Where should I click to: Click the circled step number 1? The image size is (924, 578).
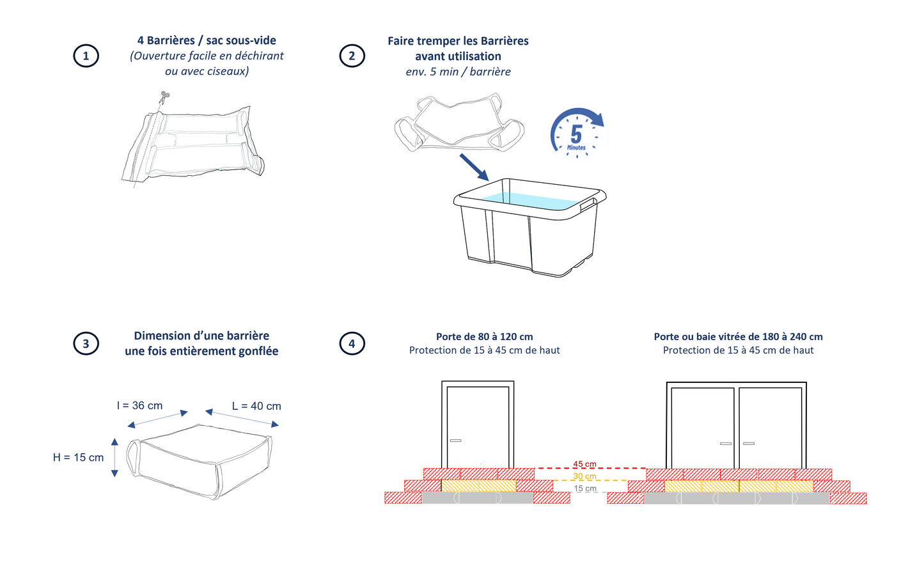[x=86, y=56]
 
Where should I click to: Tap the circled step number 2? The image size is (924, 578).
[x=352, y=56]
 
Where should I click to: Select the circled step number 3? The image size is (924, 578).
[x=86, y=343]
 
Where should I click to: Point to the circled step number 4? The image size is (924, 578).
[x=352, y=343]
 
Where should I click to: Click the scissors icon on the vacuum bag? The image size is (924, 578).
[x=164, y=97]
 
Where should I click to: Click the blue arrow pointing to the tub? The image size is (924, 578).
[x=474, y=167]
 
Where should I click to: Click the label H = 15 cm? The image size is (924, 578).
[x=78, y=458]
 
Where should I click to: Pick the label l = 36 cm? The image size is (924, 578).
[x=139, y=406]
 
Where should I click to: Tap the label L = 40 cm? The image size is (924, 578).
[x=256, y=407]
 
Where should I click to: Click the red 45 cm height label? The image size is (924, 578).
[x=584, y=464]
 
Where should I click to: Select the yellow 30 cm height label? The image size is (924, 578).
[x=584, y=476]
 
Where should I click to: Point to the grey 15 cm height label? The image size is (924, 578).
[x=584, y=488]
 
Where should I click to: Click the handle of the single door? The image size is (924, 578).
[x=455, y=441]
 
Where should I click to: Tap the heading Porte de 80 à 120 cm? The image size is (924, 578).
[x=484, y=337]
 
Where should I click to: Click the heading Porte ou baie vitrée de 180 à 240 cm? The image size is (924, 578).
[x=738, y=337]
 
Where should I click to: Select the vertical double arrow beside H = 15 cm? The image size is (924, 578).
[x=114, y=458]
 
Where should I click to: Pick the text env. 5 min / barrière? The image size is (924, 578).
[x=458, y=72]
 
